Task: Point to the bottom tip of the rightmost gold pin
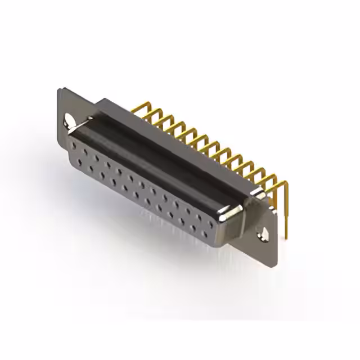coord(285,236)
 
